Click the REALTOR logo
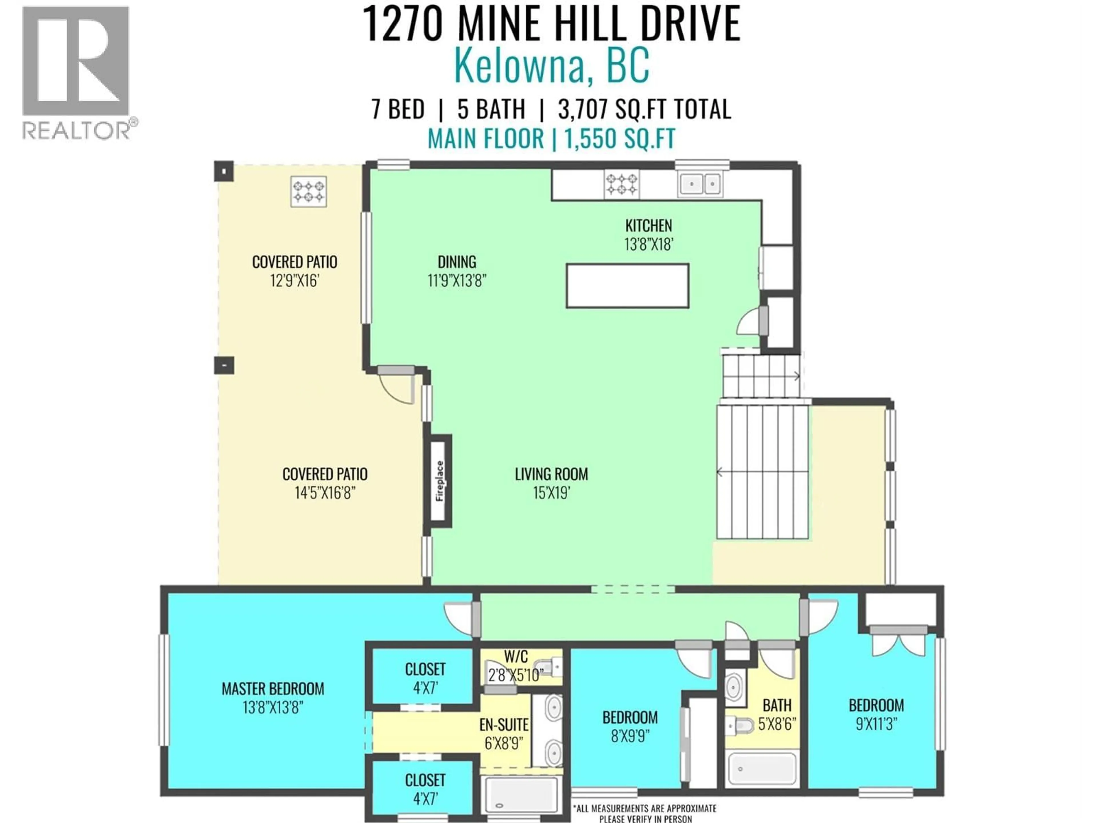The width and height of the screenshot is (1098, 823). pyautogui.click(x=77, y=72)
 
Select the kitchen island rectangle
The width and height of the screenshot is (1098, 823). pyautogui.click(x=627, y=286)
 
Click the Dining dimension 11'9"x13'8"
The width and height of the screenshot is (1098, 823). pyautogui.click(x=457, y=281)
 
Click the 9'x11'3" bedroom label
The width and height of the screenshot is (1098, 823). pyautogui.click(x=876, y=724)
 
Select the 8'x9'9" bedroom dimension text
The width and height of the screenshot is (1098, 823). pyautogui.click(x=630, y=736)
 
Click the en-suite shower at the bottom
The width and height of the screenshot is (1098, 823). pyautogui.click(x=521, y=794)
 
